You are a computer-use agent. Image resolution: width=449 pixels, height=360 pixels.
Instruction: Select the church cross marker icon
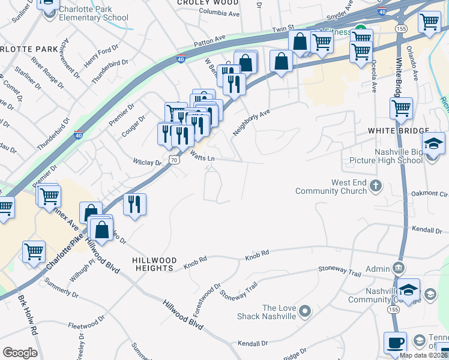[376, 185]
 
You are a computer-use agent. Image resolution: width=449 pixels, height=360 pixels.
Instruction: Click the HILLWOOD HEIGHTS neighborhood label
[155, 264]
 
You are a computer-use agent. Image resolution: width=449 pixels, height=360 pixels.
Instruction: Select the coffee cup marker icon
[395, 342]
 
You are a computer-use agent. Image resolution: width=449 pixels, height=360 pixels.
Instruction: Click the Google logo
[20, 353]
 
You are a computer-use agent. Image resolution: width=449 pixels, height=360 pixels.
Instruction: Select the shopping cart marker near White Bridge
[401, 109]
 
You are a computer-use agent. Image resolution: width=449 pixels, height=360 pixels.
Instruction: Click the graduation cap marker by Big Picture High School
[433, 143]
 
